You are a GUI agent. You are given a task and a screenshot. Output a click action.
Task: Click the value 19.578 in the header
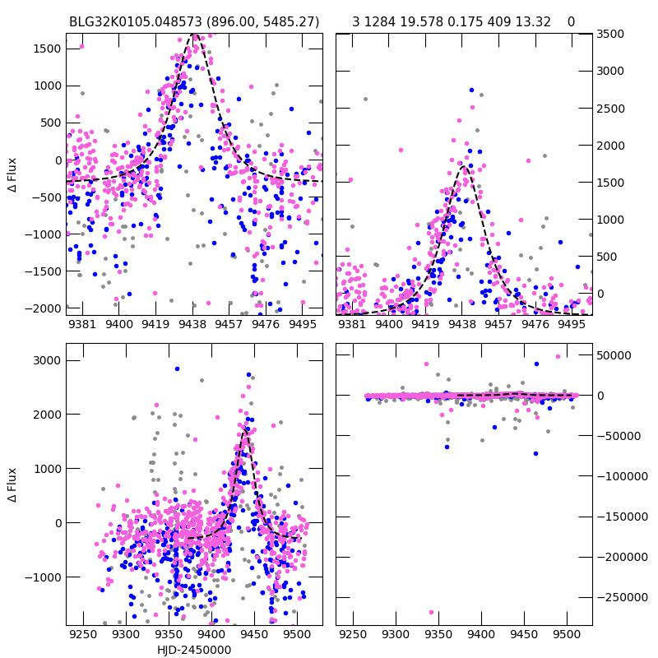pos(420,21)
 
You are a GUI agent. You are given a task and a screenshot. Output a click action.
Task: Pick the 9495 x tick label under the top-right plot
pos(572,325)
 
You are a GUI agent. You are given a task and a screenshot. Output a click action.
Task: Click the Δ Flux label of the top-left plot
pos(12,174)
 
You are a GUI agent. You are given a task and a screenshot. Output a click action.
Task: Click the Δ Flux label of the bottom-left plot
pos(12,485)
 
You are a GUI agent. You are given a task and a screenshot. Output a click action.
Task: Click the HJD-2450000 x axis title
pos(194,650)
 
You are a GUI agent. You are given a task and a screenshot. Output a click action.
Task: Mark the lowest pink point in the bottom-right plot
pos(431,612)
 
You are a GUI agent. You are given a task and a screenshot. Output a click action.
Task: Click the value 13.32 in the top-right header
pos(534,21)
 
